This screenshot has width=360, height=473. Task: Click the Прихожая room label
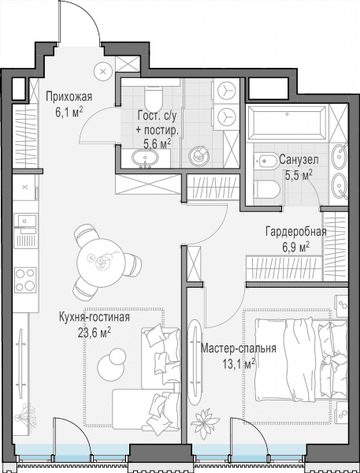pyautogui.click(x=69, y=97)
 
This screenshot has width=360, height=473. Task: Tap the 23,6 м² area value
pyautogui.click(x=95, y=333)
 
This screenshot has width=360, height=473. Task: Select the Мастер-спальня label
pyautogui.click(x=238, y=348)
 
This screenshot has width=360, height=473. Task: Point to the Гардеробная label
pyautogui.click(x=295, y=232)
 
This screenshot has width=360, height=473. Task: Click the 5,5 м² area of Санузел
pyautogui.click(x=299, y=175)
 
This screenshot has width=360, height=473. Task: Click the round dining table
pyautogui.click(x=101, y=263)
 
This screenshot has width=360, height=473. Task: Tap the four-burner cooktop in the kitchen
pyautogui.click(x=26, y=280)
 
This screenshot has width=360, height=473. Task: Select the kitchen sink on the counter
pyautogui.click(x=26, y=220)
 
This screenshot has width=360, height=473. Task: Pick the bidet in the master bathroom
pyautogui.click(x=265, y=161)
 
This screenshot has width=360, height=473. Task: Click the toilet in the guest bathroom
pyautogui.click(x=153, y=98)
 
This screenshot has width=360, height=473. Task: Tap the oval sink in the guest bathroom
pyautogui.click(x=146, y=158)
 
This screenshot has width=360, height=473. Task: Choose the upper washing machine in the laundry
pyautogui.click(x=227, y=91)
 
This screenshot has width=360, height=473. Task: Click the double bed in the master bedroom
pyautogui.click(x=301, y=359)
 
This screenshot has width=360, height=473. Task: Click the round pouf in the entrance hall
pyautogui.click(x=103, y=72)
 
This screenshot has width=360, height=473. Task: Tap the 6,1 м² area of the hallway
pyautogui.click(x=69, y=113)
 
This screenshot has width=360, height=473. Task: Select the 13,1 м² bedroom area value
pyautogui.click(x=239, y=363)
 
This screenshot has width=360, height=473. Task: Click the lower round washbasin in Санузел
pyautogui.click(x=340, y=185)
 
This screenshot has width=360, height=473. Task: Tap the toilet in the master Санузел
pyautogui.click(x=266, y=189)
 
